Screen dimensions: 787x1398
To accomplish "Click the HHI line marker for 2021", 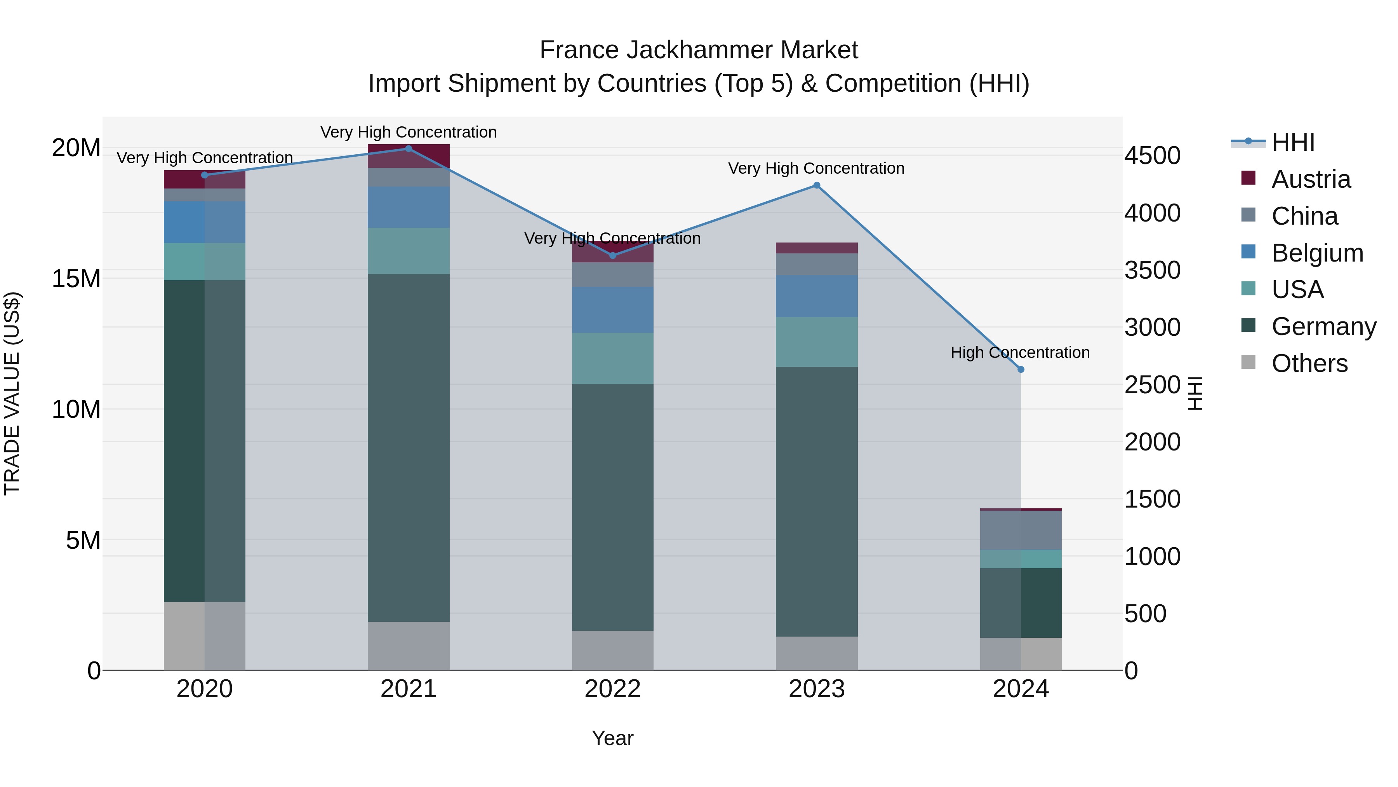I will [409, 149].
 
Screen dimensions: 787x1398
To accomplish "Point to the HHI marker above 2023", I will [816, 185].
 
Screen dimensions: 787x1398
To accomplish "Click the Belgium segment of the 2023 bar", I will [816, 296].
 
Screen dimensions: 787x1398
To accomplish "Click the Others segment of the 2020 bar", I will [205, 636].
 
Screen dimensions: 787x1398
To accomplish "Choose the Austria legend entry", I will [1310, 179].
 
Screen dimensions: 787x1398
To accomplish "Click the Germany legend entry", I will [1323, 326].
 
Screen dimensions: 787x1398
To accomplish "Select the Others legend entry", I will [1309, 363].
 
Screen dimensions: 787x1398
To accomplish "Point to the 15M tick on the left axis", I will [76, 279].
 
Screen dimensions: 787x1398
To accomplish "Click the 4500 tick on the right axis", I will [1152, 156].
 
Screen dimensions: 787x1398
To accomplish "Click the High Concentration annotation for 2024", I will [1020, 352].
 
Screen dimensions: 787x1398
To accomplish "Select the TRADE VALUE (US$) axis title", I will [12, 393].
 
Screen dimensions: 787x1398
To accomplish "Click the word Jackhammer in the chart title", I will [699, 51].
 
